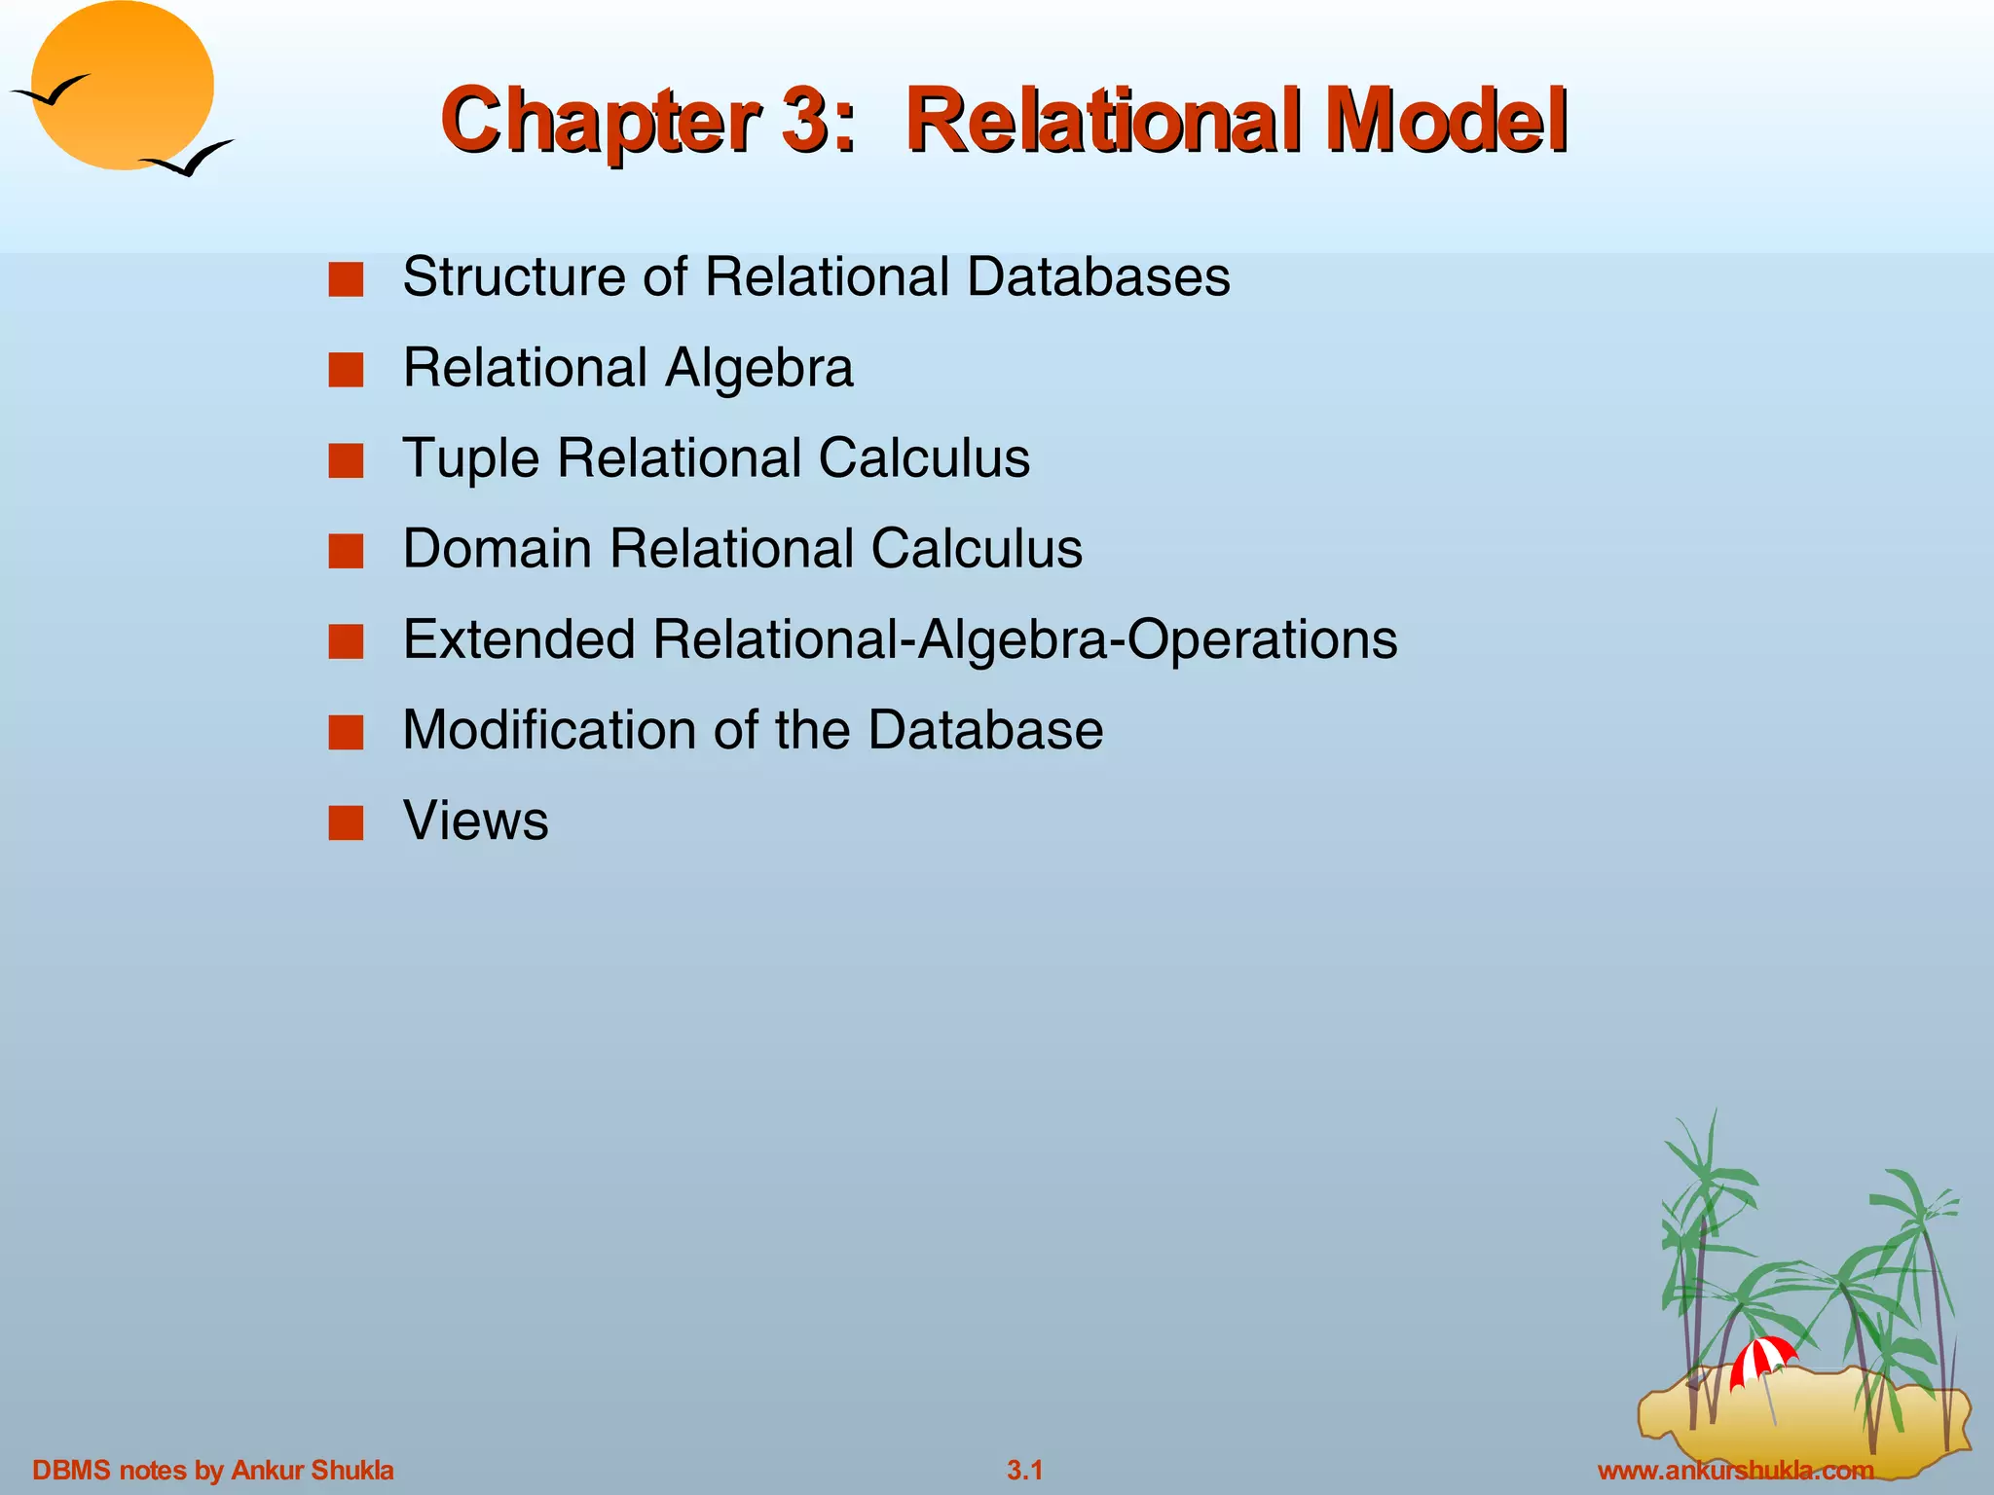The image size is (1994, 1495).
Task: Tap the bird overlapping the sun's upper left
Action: [x=49, y=92]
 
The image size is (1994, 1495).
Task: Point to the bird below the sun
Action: [x=190, y=160]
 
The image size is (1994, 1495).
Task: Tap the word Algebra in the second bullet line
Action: [x=759, y=368]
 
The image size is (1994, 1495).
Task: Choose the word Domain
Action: [x=497, y=548]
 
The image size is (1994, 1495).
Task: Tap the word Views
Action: [x=476, y=820]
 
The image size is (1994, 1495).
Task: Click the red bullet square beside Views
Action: [x=346, y=822]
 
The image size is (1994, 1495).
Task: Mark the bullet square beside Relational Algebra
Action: [x=346, y=370]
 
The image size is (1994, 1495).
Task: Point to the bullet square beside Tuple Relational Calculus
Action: [x=346, y=460]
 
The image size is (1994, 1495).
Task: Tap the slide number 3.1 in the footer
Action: [x=1024, y=1470]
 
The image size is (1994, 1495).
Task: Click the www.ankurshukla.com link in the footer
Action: [x=1736, y=1470]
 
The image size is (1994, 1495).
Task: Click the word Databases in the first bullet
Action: [x=1098, y=276]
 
